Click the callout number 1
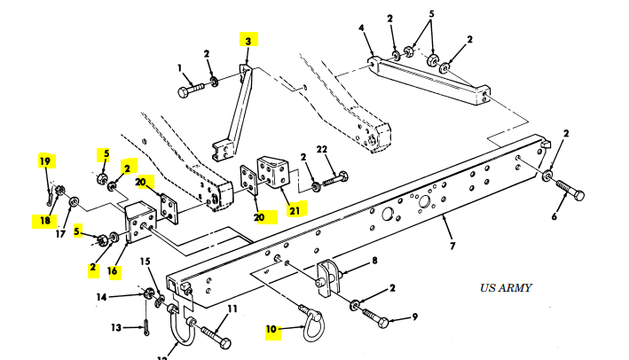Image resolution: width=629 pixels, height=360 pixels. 179,67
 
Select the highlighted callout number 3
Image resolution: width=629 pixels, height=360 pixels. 248,40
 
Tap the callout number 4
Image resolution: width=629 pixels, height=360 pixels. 361,28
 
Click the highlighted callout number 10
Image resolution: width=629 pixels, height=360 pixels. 276,330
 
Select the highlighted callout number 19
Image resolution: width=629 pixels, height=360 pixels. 45,160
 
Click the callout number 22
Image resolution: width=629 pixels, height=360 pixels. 321,148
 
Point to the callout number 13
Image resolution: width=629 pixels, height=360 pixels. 116,327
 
